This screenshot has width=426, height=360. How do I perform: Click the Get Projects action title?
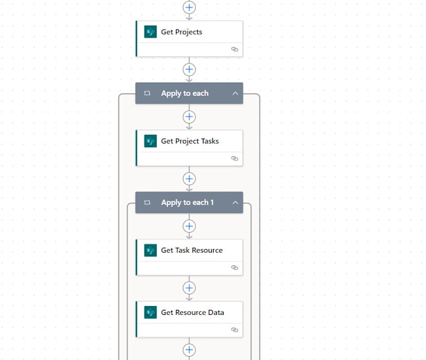click(181, 32)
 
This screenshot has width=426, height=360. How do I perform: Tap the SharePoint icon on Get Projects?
click(150, 32)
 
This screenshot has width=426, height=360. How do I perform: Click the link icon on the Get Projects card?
click(234, 49)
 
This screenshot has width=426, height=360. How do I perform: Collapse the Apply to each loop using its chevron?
click(236, 93)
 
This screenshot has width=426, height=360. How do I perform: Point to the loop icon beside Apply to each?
click(147, 93)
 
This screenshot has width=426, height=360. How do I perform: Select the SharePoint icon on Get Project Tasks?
click(150, 141)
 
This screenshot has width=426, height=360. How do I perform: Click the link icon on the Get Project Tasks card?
click(234, 158)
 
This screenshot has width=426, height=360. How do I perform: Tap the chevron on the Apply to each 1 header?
click(236, 203)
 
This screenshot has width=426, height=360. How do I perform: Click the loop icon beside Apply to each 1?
click(147, 203)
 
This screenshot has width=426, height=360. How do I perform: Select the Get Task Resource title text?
click(191, 250)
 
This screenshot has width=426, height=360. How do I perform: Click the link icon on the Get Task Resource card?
click(234, 267)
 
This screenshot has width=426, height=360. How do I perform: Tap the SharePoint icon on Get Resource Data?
click(150, 312)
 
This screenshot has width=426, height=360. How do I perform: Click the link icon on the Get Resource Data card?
click(234, 329)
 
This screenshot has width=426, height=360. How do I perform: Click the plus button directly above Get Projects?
click(189, 7)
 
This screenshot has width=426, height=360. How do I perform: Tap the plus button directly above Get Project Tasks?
click(189, 117)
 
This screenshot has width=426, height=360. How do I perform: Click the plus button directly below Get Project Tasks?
click(189, 179)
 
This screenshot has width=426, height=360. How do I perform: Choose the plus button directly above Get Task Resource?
click(189, 226)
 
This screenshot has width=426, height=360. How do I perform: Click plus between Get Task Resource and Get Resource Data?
click(189, 288)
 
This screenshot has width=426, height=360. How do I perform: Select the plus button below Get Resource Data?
click(189, 350)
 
